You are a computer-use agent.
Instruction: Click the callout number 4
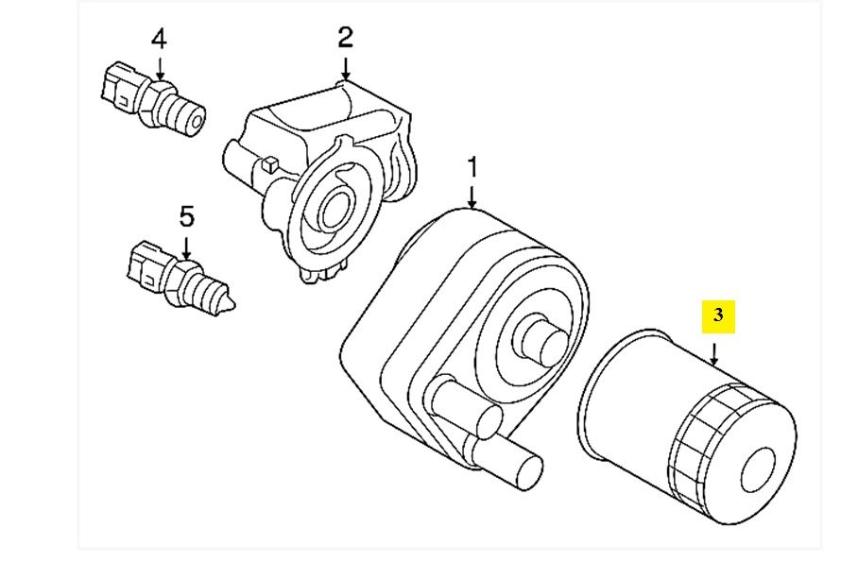coord(159,39)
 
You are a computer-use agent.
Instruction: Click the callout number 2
coord(345,37)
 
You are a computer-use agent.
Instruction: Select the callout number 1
coord(472,168)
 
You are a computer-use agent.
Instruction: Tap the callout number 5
coord(187,216)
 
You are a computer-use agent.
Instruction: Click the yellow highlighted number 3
coord(717,315)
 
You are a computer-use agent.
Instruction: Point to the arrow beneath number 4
coord(160,69)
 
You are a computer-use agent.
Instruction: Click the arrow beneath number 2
coord(346,67)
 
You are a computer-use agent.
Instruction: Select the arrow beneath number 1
coord(472,196)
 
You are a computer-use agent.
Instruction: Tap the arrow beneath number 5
coord(187,247)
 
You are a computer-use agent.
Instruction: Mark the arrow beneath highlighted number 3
coord(715,354)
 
